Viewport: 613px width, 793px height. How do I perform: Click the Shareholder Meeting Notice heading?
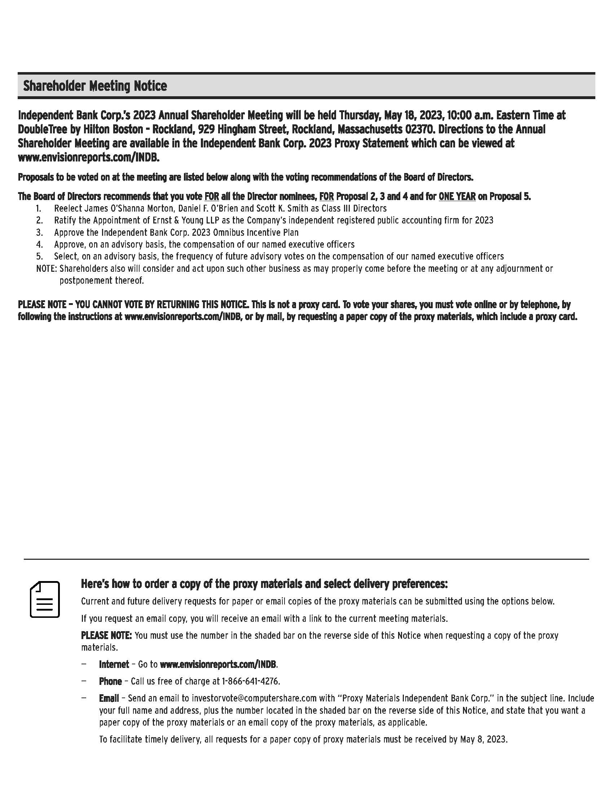point(95,86)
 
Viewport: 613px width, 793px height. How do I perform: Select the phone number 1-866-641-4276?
point(250,681)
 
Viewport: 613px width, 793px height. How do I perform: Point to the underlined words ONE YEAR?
point(457,197)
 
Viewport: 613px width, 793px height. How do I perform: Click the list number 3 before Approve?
point(39,232)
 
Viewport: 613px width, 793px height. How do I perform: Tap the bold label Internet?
point(114,664)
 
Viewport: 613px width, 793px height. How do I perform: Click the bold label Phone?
point(110,681)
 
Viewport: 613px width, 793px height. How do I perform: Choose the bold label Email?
point(109,698)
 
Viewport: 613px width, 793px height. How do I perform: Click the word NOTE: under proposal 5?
point(47,269)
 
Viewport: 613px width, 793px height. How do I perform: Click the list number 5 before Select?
point(39,256)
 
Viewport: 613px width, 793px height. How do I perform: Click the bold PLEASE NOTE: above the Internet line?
point(106,636)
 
